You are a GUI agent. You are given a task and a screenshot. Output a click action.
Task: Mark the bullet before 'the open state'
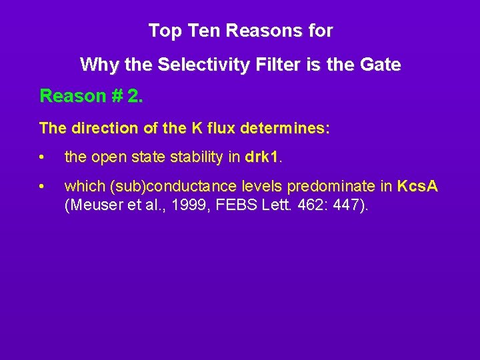click(42, 158)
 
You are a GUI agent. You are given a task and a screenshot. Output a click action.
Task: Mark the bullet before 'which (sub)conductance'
click(42, 187)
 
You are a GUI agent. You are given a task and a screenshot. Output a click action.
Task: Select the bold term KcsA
click(417, 186)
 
